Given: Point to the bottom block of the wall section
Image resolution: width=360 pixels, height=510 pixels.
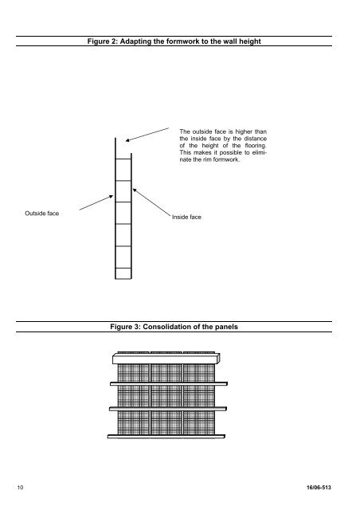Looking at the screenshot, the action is coord(122,273).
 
